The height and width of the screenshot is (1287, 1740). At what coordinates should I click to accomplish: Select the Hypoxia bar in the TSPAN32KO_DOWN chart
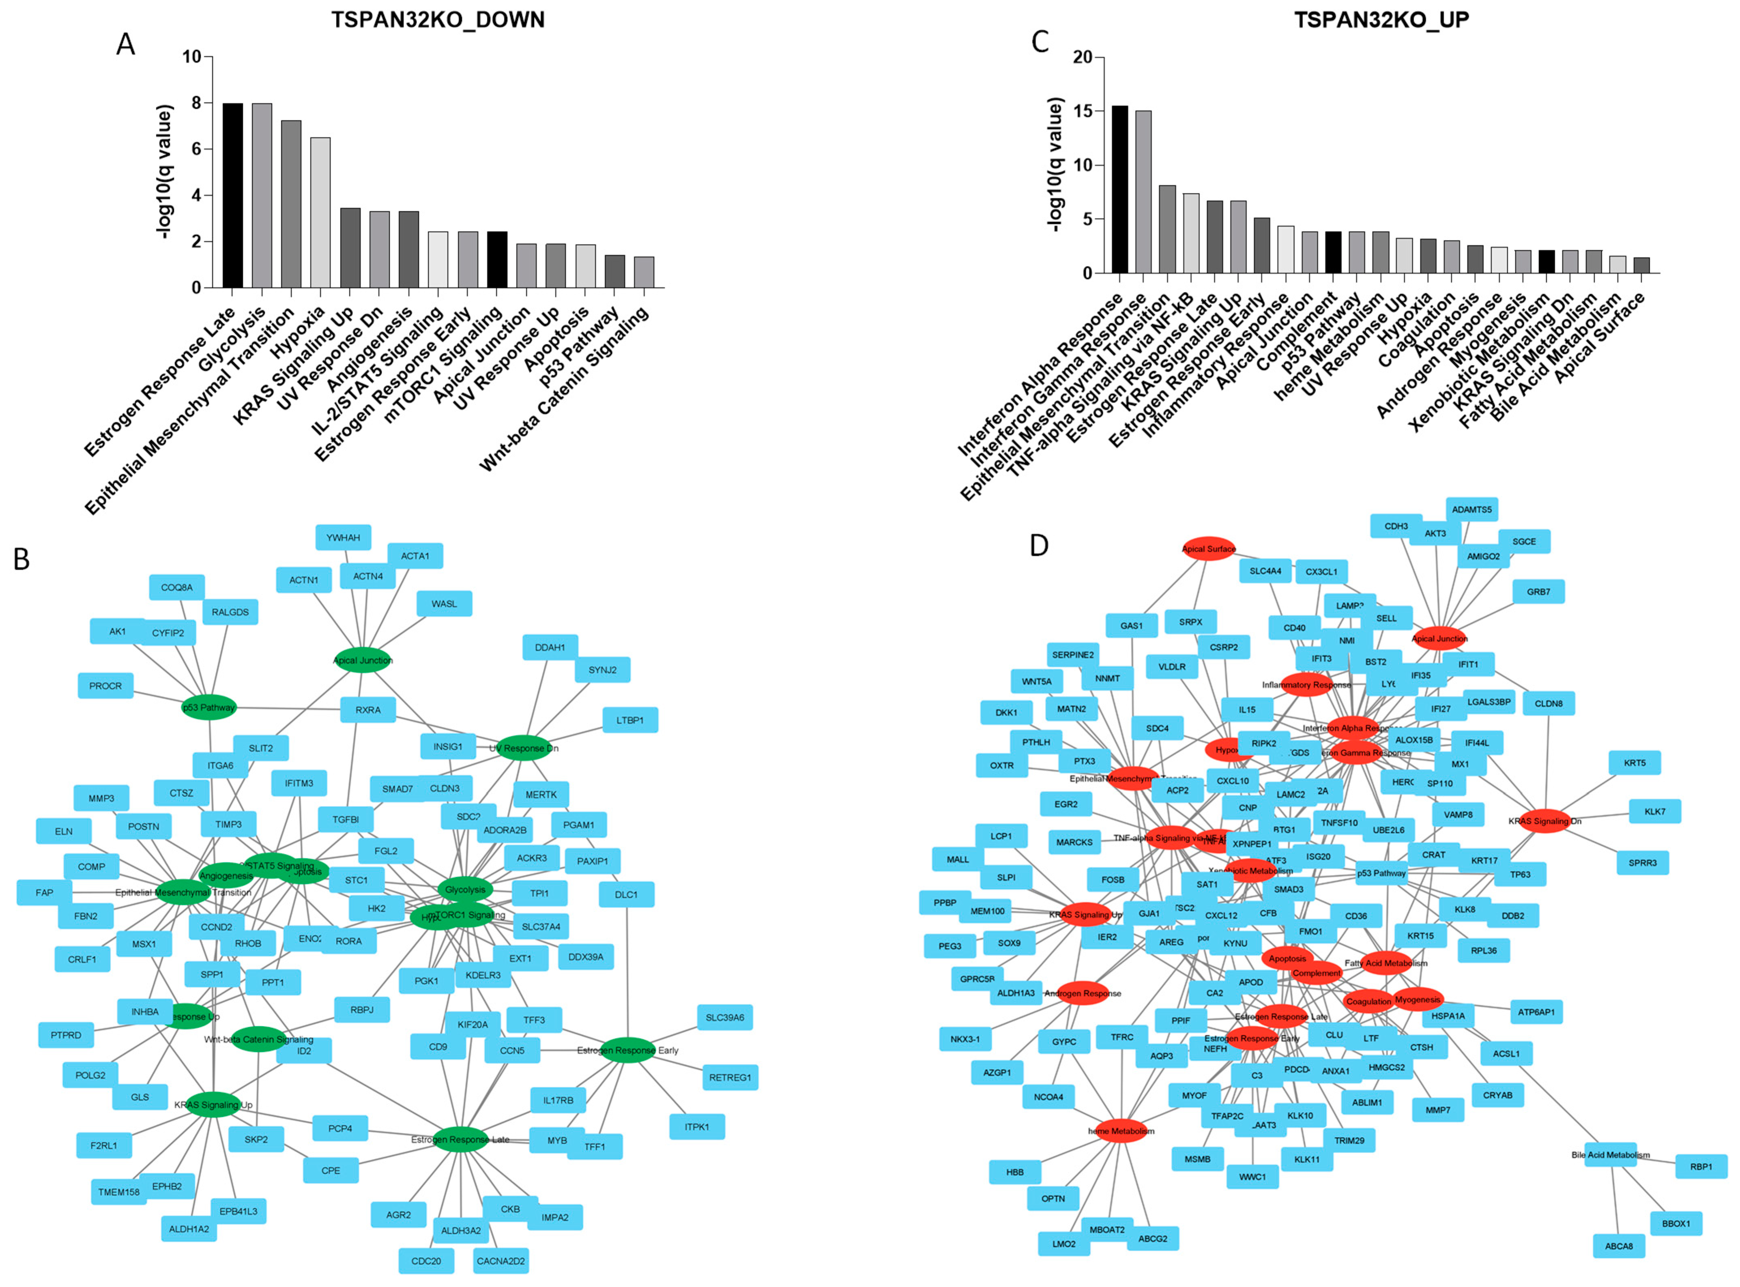[320, 212]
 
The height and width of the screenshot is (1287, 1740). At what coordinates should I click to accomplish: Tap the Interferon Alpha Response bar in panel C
[1119, 189]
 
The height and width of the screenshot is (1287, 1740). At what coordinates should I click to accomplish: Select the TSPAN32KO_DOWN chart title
[438, 19]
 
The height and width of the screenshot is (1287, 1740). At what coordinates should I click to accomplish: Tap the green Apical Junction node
[363, 660]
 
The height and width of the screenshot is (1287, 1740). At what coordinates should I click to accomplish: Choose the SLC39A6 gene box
[724, 1017]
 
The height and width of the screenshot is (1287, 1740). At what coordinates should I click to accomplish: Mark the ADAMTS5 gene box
[1471, 509]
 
